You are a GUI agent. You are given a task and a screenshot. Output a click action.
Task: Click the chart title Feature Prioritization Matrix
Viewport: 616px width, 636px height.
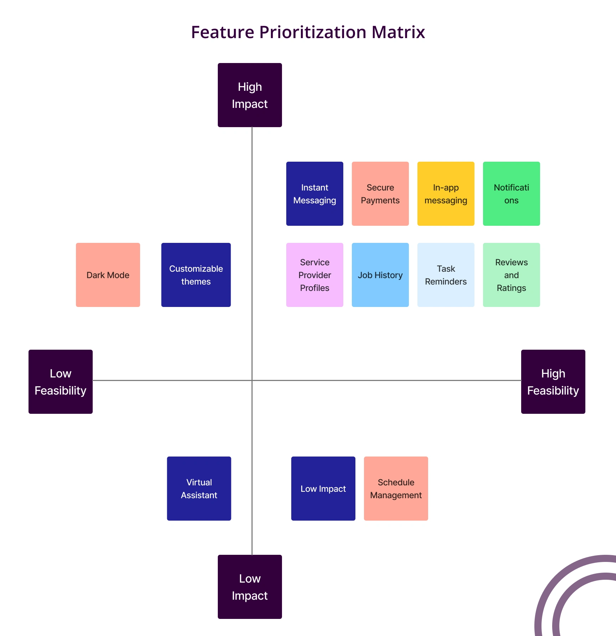(x=308, y=32)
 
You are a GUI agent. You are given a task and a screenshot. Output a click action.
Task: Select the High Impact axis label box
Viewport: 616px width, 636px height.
(x=250, y=95)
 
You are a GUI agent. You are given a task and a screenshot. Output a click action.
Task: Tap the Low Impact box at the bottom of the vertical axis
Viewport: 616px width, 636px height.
(x=250, y=587)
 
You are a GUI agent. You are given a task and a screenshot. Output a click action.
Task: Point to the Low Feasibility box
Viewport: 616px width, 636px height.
(x=61, y=382)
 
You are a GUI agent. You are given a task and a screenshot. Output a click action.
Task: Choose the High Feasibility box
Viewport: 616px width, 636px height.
(x=553, y=382)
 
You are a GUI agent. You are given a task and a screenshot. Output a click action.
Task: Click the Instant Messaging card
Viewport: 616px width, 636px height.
(x=315, y=194)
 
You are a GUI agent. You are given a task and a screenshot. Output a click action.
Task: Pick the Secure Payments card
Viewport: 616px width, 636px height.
(x=380, y=194)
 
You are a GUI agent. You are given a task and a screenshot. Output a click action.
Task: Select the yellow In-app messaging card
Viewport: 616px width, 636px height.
(x=446, y=194)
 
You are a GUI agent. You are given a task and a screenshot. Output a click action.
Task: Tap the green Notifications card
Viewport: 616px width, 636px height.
(x=512, y=194)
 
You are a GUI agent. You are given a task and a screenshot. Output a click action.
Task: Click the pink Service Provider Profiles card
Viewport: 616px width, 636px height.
(x=315, y=275)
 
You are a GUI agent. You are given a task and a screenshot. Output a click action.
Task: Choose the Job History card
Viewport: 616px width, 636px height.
(x=380, y=275)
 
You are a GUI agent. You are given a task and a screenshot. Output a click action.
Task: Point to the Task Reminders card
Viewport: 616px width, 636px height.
(x=446, y=275)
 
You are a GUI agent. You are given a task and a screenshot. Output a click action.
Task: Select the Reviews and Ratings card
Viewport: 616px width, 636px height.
(x=512, y=275)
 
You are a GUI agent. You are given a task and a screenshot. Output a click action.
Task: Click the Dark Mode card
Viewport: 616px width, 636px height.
(x=108, y=275)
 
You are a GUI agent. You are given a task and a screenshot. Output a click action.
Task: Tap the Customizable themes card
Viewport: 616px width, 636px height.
(x=196, y=275)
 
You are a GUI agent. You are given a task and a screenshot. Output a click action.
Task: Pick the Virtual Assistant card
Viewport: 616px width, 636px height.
(x=199, y=489)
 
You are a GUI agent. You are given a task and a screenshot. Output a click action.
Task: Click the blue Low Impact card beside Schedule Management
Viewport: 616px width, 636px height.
(x=323, y=489)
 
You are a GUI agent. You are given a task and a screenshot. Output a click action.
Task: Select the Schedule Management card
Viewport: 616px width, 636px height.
(x=396, y=489)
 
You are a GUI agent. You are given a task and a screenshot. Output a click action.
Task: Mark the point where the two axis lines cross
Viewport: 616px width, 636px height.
(x=252, y=380)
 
